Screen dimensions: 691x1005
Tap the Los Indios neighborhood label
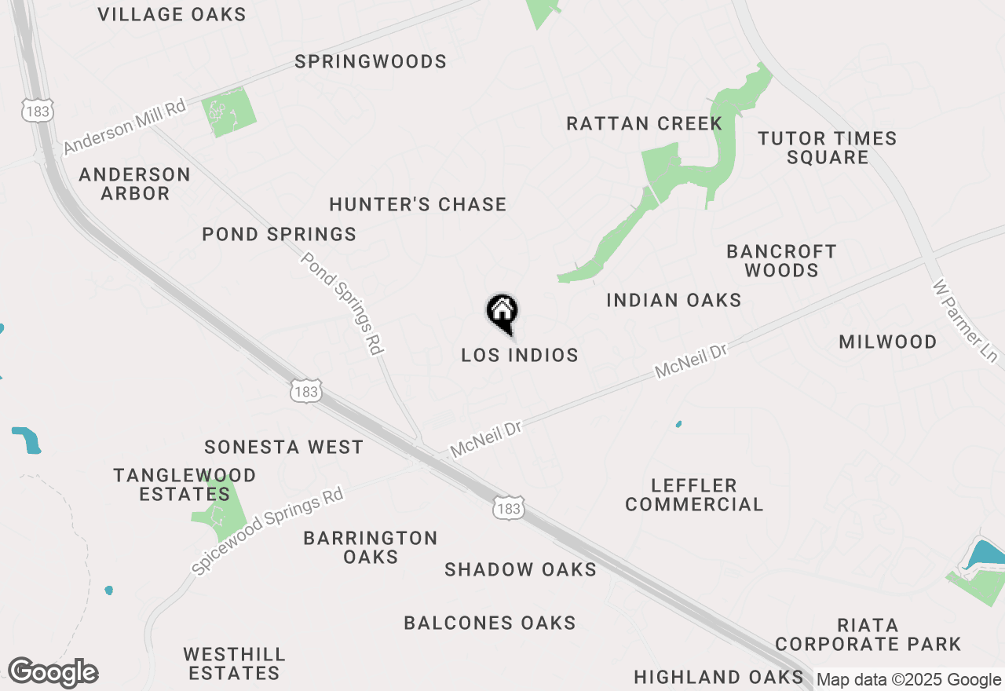click(520, 355)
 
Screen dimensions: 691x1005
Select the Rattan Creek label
click(644, 123)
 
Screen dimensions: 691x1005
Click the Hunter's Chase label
click(418, 204)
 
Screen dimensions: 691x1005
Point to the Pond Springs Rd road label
click(342, 303)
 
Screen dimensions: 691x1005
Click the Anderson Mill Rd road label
click(126, 126)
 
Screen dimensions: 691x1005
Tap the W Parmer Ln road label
click(964, 321)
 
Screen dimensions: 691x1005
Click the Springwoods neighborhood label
click(371, 61)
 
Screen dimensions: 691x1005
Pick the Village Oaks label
click(173, 14)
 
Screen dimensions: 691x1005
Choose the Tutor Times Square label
click(828, 148)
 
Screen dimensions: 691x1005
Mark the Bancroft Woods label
click(781, 261)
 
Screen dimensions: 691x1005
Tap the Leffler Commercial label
click(694, 495)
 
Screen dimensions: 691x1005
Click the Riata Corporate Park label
click(868, 634)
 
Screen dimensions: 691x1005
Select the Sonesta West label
click(283, 447)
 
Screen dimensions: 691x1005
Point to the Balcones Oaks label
click(490, 623)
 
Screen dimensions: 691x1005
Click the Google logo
click(53, 673)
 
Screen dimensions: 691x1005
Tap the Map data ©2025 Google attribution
click(908, 680)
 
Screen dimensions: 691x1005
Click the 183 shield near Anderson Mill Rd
click(37, 111)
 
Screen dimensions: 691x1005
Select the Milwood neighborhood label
click(887, 342)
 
